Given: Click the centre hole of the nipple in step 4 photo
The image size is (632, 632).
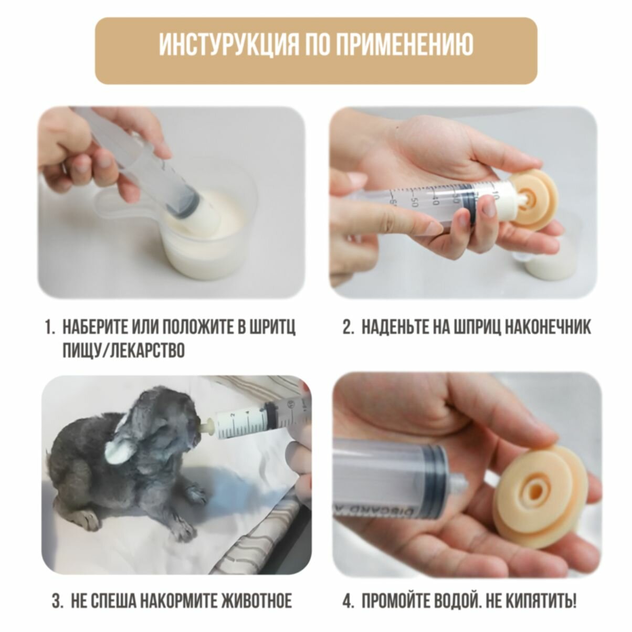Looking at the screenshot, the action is click(538, 500).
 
